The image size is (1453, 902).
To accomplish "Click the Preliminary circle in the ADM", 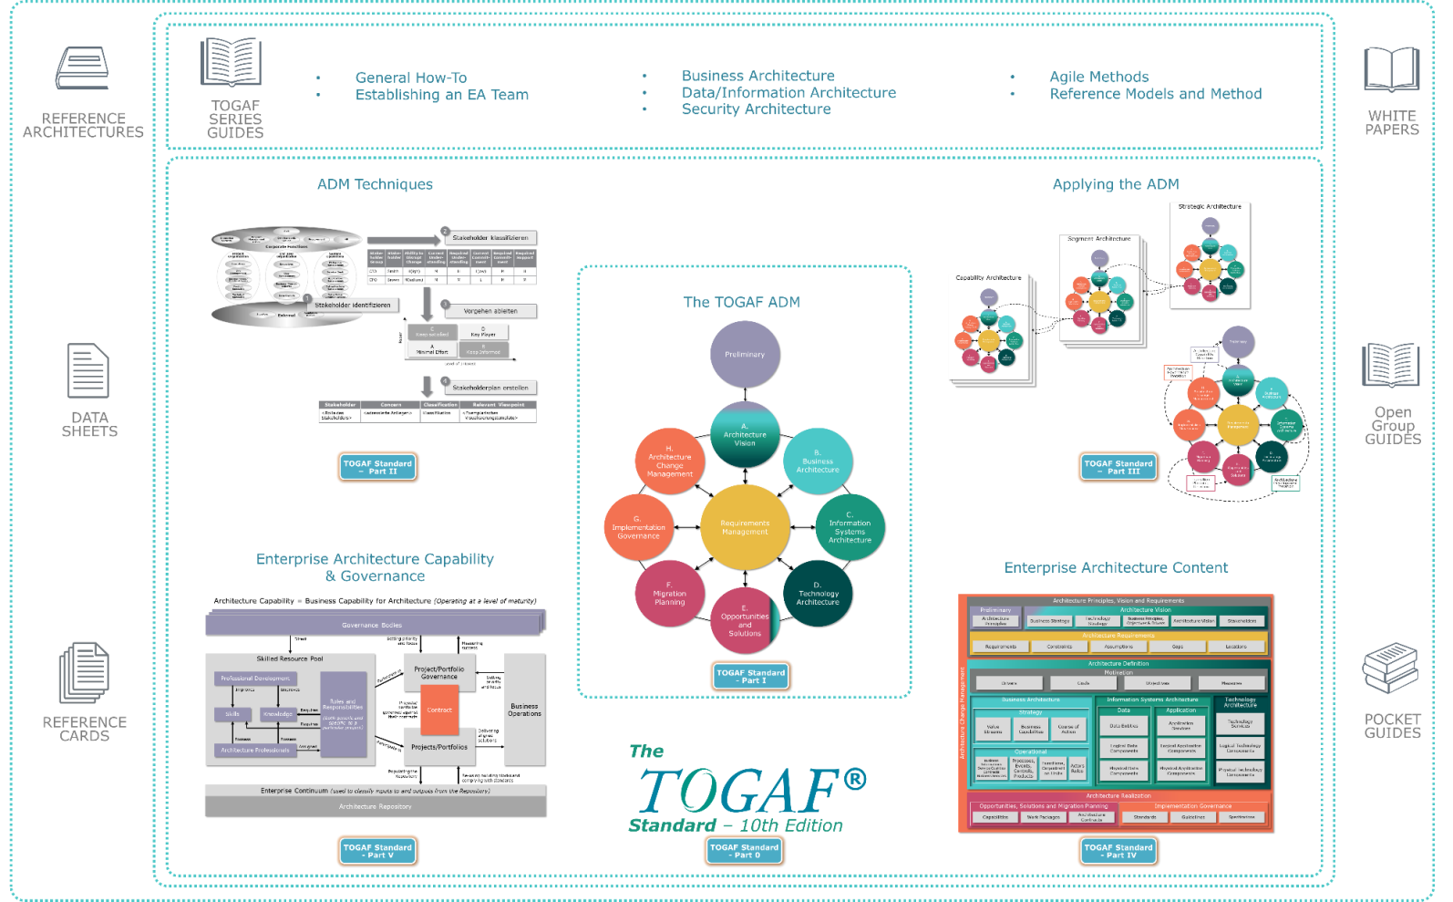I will pyautogui.click(x=745, y=354).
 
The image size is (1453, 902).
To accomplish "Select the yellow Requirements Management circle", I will pyautogui.click(x=745, y=527).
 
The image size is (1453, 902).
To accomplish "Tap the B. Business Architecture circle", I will pyautogui.click(x=818, y=461).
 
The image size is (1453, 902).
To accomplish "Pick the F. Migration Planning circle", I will pyautogui.click(x=669, y=594).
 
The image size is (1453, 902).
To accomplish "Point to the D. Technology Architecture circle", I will pyautogui.click(x=818, y=594).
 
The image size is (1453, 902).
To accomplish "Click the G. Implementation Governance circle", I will pyautogui.click(x=638, y=527).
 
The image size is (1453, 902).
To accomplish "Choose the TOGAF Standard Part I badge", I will pyautogui.click(x=750, y=676).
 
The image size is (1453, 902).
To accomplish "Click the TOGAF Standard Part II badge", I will pyautogui.click(x=377, y=467).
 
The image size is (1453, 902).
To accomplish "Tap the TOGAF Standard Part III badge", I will pyautogui.click(x=1118, y=467).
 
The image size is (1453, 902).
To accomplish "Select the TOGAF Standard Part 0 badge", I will pyautogui.click(x=744, y=851).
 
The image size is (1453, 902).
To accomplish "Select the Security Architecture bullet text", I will pyautogui.click(x=756, y=109).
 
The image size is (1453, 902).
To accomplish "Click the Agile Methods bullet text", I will pyautogui.click(x=1098, y=78).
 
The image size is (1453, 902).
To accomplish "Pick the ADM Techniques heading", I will pyautogui.click(x=375, y=185).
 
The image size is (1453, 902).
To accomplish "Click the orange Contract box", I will pyautogui.click(x=439, y=710).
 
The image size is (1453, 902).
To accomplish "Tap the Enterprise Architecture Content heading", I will pyautogui.click(x=1116, y=567).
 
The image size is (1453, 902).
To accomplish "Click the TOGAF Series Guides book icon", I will pyautogui.click(x=231, y=62).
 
